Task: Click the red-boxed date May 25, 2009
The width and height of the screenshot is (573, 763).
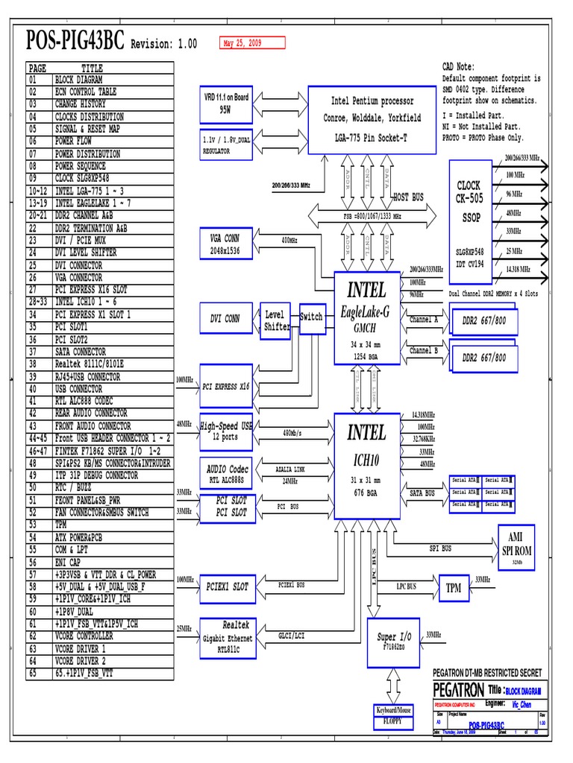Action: [251, 43]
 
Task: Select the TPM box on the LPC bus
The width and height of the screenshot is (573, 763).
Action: [454, 588]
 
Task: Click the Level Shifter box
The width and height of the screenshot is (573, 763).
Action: [275, 320]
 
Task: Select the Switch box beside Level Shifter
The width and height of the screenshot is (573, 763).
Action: [311, 317]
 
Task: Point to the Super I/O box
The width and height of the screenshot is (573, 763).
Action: [394, 642]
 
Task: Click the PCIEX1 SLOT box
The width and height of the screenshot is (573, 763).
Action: [227, 587]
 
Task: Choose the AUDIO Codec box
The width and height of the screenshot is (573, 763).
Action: [227, 473]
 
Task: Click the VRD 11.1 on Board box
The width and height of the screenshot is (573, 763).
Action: [226, 103]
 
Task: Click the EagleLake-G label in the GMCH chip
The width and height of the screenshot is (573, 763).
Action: [366, 312]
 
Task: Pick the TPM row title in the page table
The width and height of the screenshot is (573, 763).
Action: [63, 525]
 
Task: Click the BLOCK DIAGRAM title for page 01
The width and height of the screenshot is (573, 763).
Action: [78, 80]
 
